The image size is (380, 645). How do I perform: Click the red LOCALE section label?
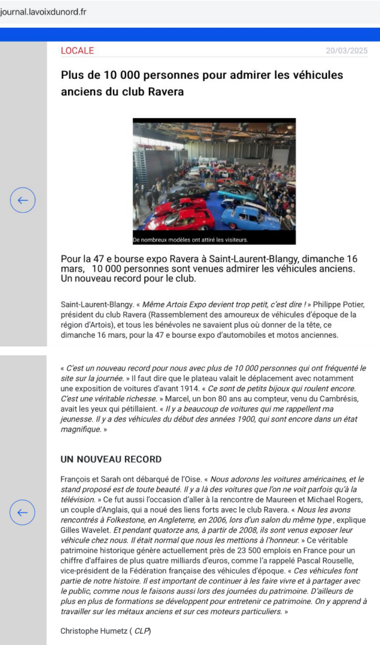77,50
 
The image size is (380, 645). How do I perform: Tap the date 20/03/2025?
347,50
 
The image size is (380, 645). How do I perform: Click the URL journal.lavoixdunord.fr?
43,12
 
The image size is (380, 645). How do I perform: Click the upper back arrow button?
23,201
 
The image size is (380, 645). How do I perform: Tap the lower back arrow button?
23,512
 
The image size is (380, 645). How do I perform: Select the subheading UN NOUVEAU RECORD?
111,459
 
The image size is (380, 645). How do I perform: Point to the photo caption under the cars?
191,240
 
